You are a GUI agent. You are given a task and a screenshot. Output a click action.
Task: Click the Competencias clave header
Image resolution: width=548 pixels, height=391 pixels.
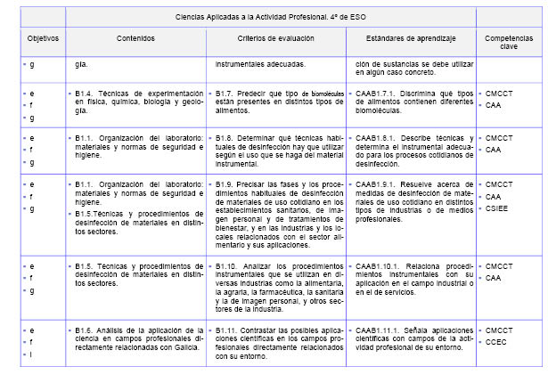(x=510, y=45)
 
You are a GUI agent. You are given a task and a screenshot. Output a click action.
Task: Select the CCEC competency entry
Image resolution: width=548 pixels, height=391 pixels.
(x=497, y=342)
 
